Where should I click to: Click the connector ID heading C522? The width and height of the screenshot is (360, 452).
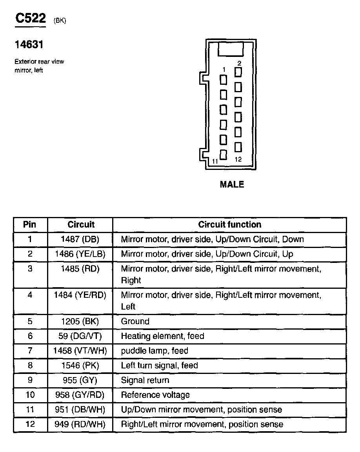(x=31, y=19)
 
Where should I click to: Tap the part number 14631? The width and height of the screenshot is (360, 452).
(x=29, y=45)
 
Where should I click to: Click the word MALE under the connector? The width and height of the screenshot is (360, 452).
(x=232, y=184)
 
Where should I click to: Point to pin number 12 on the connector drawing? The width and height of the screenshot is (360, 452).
(x=238, y=159)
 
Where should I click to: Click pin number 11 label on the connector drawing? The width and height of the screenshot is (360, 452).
(x=215, y=161)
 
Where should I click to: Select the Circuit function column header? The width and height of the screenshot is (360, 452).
(x=229, y=225)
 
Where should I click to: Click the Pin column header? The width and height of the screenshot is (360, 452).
(x=30, y=225)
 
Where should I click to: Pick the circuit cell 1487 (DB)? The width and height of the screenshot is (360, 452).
(x=80, y=239)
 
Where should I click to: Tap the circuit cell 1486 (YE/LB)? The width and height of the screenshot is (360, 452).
(x=80, y=254)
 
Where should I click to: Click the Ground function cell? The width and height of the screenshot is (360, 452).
(x=135, y=322)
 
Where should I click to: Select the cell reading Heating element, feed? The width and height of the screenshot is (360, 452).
(x=162, y=336)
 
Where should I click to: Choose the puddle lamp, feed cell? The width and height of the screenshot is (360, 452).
(x=155, y=351)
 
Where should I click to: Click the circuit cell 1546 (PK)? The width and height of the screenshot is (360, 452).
(x=80, y=366)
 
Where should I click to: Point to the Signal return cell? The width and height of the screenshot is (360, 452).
(x=145, y=381)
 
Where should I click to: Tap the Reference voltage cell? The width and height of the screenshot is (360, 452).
(x=155, y=395)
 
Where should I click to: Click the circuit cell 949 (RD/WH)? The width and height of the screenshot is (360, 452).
(x=80, y=425)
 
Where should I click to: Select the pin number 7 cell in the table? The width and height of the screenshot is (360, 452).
(x=30, y=351)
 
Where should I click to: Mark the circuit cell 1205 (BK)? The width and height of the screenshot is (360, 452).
(x=80, y=322)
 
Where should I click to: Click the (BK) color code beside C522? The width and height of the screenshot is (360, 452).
(x=60, y=21)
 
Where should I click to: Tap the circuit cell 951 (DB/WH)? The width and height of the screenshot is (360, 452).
(x=80, y=410)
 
